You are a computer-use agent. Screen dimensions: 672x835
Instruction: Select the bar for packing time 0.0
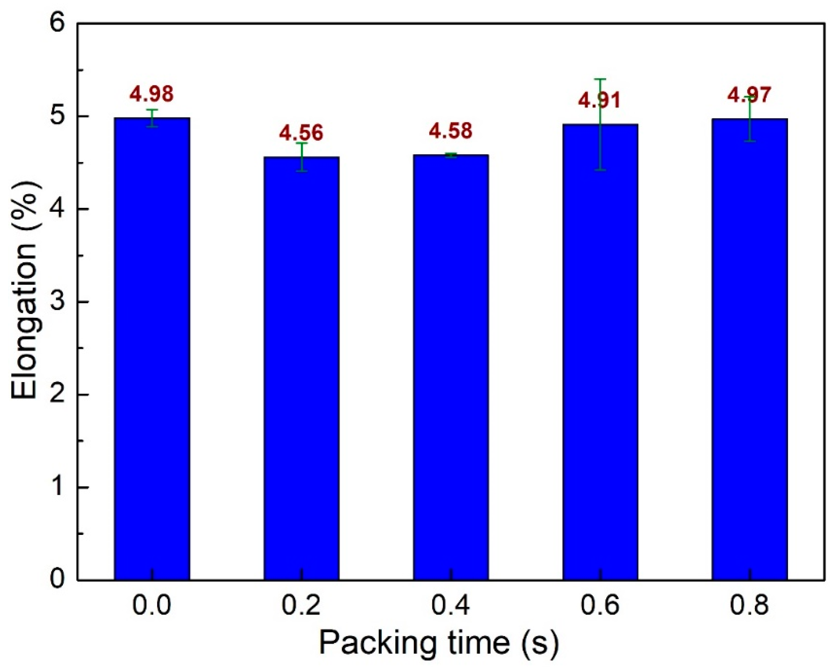(x=152, y=348)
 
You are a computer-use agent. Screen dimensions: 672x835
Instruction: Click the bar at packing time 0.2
(x=301, y=368)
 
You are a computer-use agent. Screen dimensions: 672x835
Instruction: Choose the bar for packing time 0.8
(x=749, y=349)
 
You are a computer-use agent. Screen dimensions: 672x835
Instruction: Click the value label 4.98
(x=151, y=94)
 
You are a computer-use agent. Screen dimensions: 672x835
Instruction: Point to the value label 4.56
(x=301, y=133)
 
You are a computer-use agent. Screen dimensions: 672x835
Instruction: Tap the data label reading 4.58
(x=450, y=131)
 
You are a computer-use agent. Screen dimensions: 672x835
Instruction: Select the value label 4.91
(x=599, y=100)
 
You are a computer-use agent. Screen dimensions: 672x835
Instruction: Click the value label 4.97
(x=749, y=95)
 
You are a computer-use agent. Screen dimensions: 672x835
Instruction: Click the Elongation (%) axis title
(x=24, y=302)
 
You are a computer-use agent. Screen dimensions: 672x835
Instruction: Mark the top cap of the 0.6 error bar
(x=600, y=79)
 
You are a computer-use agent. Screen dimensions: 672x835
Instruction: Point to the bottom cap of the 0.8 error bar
(x=749, y=141)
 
